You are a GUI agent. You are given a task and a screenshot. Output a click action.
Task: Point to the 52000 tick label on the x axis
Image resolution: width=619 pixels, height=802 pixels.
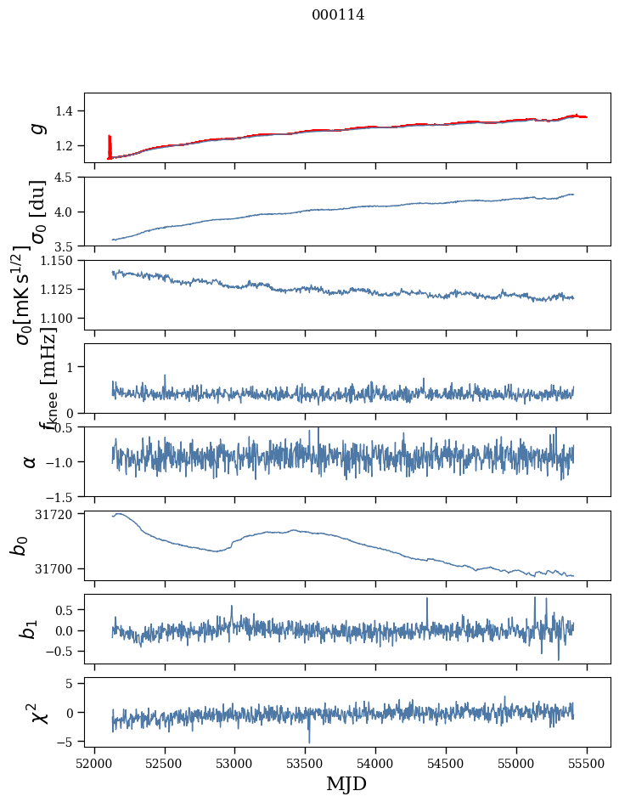coord(94,761)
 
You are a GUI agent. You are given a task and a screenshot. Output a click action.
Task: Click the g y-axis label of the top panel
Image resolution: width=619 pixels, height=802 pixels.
coord(37,127)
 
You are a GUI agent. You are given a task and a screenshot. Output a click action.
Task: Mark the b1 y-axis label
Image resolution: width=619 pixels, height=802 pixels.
coord(29,629)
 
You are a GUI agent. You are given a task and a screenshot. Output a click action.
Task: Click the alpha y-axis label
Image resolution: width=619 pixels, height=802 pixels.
coord(30,461)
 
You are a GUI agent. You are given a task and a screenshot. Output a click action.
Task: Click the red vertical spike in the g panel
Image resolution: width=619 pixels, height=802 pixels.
coord(110,144)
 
